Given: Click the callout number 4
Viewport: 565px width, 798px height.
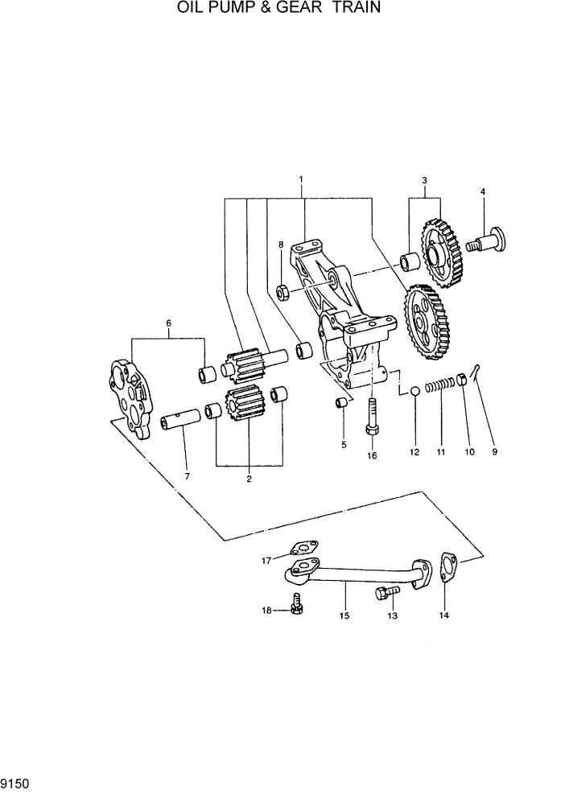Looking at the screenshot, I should (483, 191).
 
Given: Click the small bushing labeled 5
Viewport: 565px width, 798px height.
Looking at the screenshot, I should (341, 402).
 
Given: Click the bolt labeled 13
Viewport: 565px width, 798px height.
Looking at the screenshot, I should (384, 594).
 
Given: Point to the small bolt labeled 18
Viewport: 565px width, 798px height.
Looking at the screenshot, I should (296, 604).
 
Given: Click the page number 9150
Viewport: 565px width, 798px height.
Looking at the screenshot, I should (17, 783).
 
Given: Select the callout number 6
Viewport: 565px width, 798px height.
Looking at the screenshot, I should (168, 323).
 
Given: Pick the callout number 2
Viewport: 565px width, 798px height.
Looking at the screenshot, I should (249, 479).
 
